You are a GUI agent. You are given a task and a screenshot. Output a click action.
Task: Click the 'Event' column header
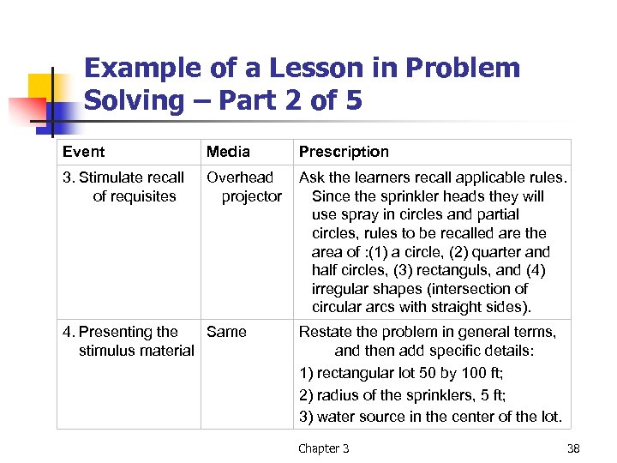(x=83, y=152)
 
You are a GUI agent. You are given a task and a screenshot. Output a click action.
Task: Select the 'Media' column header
(x=228, y=152)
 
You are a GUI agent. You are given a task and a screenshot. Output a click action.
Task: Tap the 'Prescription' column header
(x=344, y=152)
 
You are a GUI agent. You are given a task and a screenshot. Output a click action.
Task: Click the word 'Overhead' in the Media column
(x=240, y=177)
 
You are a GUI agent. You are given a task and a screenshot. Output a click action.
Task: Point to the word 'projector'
(x=251, y=196)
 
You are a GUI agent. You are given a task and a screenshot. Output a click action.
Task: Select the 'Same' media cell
(x=226, y=332)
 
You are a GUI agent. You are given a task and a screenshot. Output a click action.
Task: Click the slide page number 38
(x=573, y=448)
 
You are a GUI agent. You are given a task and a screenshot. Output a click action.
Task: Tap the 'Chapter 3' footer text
(x=324, y=448)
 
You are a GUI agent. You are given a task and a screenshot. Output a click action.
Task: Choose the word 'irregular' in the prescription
(x=339, y=289)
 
